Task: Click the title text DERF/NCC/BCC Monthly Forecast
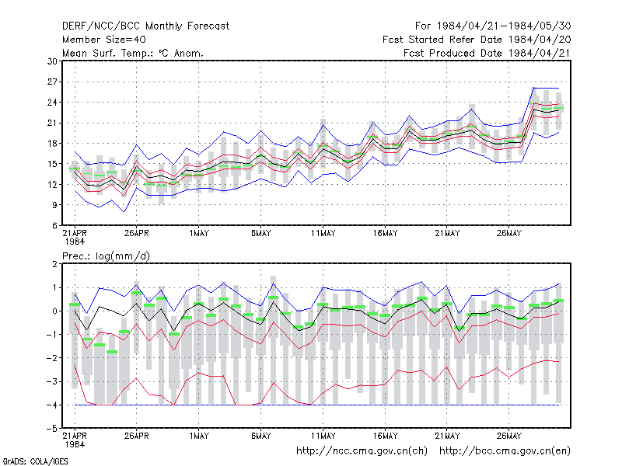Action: click(145, 26)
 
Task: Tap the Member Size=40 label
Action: click(104, 40)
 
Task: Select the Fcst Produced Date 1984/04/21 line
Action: click(487, 53)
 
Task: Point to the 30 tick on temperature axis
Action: click(52, 61)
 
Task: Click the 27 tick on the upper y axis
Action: click(52, 82)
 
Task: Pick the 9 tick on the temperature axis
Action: click(54, 205)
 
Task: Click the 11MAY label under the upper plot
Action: click(323, 234)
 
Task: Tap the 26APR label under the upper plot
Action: click(137, 234)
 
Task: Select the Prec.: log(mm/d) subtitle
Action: click(106, 256)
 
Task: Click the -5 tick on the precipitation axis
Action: click(52, 429)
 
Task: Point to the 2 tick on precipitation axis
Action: click(54, 264)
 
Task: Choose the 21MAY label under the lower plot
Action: click(447, 436)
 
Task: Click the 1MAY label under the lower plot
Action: click(199, 436)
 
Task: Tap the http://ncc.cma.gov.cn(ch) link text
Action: click(362, 451)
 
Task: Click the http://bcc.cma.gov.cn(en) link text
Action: click(505, 451)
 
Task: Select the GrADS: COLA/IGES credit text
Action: click(36, 461)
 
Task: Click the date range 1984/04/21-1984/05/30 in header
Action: click(504, 26)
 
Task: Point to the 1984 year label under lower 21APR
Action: click(75, 444)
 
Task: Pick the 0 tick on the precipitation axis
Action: click(54, 311)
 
